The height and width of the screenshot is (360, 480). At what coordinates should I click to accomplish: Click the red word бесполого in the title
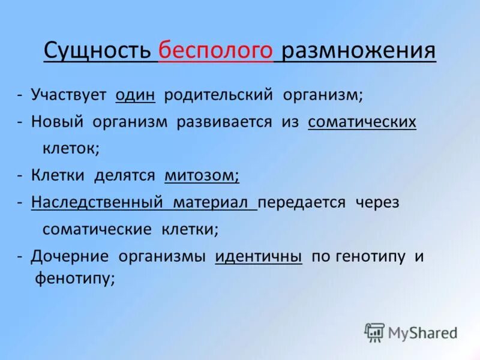(x=216, y=51)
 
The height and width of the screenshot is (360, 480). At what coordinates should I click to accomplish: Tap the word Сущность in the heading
(x=97, y=51)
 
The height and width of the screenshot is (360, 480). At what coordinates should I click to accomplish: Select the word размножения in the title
(x=358, y=51)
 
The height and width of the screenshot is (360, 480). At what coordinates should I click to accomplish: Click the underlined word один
(x=136, y=95)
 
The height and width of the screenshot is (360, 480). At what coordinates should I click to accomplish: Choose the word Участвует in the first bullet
(x=68, y=95)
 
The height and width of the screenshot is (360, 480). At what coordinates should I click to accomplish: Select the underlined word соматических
(x=362, y=122)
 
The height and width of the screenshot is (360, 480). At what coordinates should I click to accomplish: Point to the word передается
(x=302, y=202)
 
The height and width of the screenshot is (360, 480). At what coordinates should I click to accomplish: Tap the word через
(x=377, y=202)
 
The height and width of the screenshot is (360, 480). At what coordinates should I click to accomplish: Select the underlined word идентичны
(x=258, y=256)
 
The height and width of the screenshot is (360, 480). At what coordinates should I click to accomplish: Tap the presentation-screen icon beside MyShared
(x=374, y=332)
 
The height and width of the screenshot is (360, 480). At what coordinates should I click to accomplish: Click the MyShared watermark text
(x=422, y=332)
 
